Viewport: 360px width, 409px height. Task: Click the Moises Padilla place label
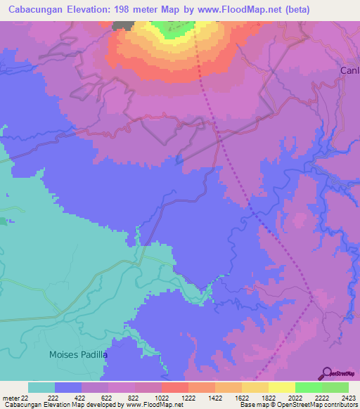click(x=78, y=355)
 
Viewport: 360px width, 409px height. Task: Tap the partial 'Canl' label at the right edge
click(x=349, y=71)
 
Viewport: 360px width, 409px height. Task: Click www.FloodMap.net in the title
click(x=237, y=10)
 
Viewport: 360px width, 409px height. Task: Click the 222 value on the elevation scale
click(x=53, y=398)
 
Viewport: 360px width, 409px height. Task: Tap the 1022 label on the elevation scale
click(x=160, y=398)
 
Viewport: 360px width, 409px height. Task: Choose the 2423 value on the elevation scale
click(x=349, y=398)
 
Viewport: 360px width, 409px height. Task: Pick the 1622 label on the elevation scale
click(x=241, y=398)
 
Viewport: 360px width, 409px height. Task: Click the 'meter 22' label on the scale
click(x=16, y=398)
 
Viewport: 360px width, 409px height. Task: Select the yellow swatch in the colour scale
click(x=281, y=387)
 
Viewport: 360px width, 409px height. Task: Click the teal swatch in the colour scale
click(x=41, y=387)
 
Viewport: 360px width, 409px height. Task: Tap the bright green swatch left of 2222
click(x=308, y=387)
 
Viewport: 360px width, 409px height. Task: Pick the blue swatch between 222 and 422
click(x=67, y=387)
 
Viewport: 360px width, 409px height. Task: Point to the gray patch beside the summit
click(x=125, y=25)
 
